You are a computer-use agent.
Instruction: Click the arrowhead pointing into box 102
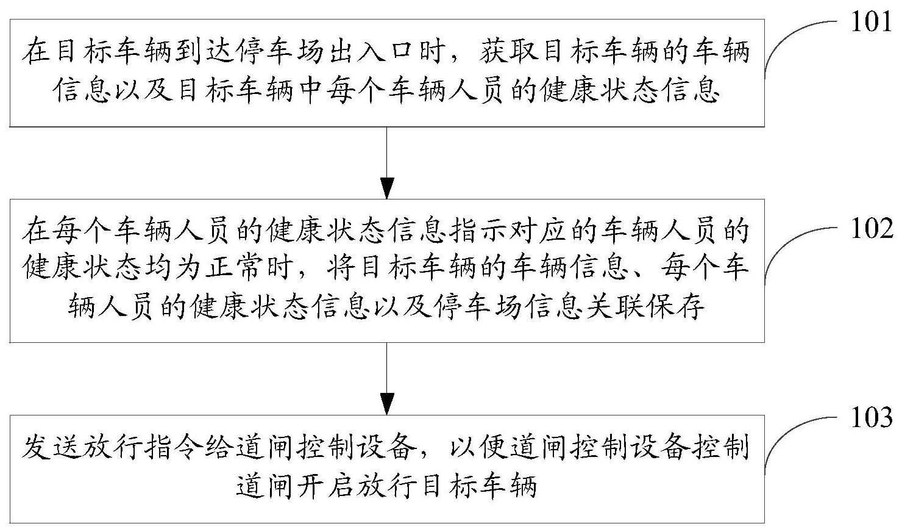[x=386, y=189]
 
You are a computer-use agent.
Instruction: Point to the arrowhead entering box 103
[x=386, y=404]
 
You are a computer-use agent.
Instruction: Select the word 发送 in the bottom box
[x=52, y=447]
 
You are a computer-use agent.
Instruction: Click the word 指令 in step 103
[x=174, y=447]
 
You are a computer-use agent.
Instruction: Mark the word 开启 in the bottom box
[x=325, y=485]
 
